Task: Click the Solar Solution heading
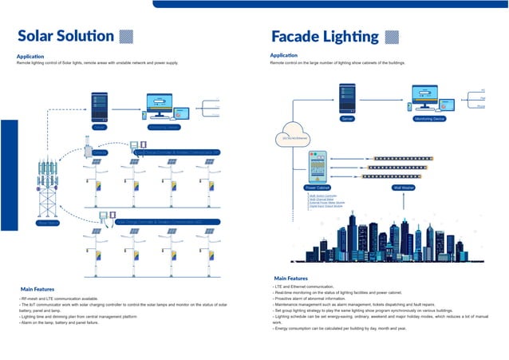pos(65,36)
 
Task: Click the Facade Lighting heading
pos(325,36)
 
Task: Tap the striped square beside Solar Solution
pos(125,36)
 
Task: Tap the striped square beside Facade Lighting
pos(392,36)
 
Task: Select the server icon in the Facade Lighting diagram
pos(347,97)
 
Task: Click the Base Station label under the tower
pos(49,224)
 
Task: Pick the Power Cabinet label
pos(317,188)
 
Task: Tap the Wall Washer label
pos(404,188)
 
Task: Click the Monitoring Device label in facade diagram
pos(429,118)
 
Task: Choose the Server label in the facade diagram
pos(347,118)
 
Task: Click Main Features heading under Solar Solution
pos(37,288)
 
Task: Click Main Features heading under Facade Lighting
pos(290,278)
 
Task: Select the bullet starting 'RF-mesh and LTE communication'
pos(56,299)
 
